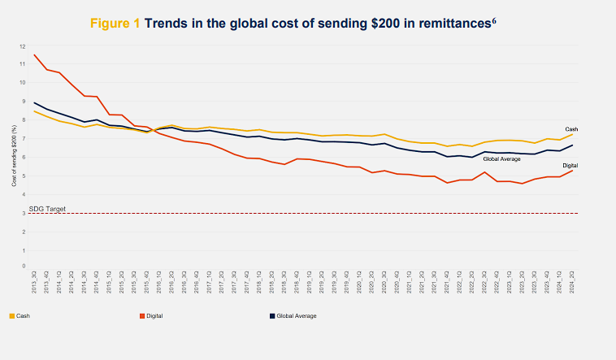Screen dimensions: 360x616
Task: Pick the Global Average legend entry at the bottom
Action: click(297, 315)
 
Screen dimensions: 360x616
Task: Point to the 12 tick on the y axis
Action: click(23, 46)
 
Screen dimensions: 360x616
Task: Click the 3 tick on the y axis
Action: click(24, 213)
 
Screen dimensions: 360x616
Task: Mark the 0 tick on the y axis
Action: click(24, 269)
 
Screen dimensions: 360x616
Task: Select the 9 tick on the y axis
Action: click(24, 102)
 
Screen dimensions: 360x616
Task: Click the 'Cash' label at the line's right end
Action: click(571, 128)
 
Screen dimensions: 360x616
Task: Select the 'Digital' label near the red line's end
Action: click(570, 165)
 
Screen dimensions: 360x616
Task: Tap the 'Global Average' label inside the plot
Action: click(501, 158)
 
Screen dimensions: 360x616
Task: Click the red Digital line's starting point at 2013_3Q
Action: click(34, 54)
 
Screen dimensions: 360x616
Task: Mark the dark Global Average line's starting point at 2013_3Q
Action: click(34, 102)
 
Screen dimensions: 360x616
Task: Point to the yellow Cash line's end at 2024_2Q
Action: click(573, 135)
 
